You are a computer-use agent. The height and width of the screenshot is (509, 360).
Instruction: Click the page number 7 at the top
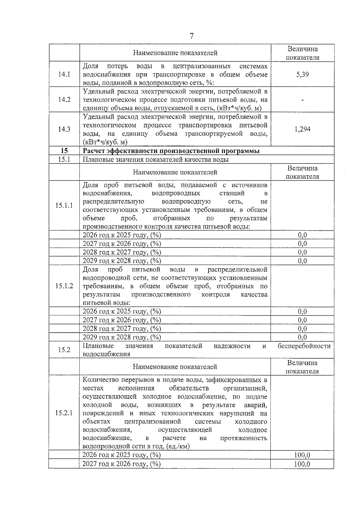(191, 36)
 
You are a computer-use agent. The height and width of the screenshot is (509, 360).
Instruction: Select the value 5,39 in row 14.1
(302, 74)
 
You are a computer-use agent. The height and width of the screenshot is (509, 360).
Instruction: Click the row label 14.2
(64, 100)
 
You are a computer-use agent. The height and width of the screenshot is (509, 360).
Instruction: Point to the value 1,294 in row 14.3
(302, 129)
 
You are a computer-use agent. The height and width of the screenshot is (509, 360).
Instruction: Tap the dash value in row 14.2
(302, 100)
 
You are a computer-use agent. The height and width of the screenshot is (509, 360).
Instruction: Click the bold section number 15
(64, 151)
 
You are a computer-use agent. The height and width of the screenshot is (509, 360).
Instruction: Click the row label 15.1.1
(64, 205)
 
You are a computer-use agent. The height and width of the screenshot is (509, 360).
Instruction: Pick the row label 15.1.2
(64, 286)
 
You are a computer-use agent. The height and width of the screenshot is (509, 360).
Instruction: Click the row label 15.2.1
(64, 413)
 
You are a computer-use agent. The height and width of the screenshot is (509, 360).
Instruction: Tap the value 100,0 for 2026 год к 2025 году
(302, 455)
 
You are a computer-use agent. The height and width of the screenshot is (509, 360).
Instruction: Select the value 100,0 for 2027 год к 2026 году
(302, 464)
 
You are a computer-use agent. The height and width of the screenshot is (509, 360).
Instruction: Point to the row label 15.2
(64, 350)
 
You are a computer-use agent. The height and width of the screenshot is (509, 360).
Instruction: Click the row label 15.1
(64, 159)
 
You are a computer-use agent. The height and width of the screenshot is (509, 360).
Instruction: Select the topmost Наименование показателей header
(175, 53)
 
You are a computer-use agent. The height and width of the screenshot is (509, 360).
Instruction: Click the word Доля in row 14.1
(90, 66)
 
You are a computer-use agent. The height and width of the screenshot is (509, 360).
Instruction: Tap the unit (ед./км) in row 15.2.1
(178, 446)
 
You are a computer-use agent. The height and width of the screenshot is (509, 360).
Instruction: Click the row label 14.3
(64, 129)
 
